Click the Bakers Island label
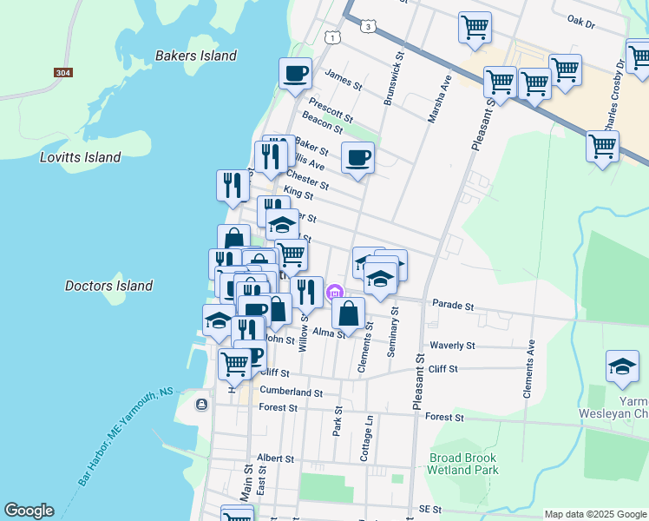(195, 56)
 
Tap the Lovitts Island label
(80, 157)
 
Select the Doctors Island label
(108, 286)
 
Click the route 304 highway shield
(62, 73)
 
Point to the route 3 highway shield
(370, 28)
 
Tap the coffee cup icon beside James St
(295, 73)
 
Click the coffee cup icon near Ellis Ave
(357, 158)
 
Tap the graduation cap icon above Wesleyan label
(622, 366)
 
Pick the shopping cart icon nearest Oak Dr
(475, 28)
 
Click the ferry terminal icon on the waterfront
(202, 404)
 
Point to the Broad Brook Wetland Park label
(463, 464)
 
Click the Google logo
(29, 511)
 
